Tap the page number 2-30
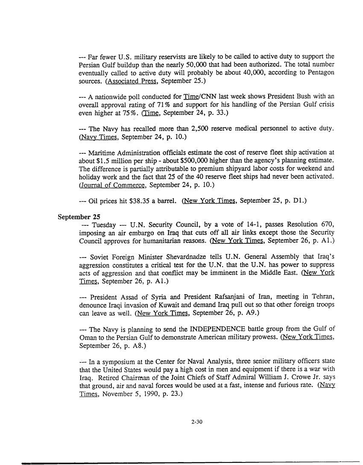coord(196,422)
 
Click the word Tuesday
coord(102,224)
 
